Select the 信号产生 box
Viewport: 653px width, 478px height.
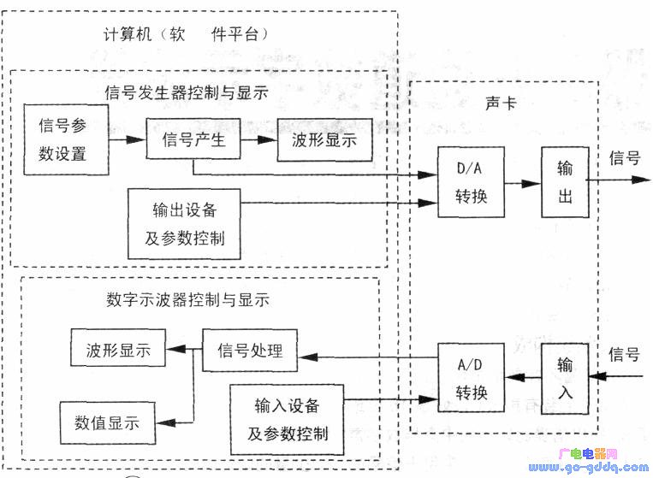pyautogui.click(x=193, y=139)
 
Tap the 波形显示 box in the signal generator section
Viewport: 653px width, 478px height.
pyautogui.click(x=325, y=140)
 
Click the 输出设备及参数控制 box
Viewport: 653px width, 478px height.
pyautogui.click(x=184, y=224)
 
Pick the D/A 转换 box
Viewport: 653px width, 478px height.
pyautogui.click(x=471, y=183)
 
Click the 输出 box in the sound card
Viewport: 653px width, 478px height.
pyautogui.click(x=562, y=183)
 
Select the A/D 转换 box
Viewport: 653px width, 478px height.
pyautogui.click(x=471, y=378)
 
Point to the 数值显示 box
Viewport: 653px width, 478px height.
pyautogui.click(x=107, y=422)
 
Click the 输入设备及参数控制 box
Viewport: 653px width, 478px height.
pyautogui.click(x=288, y=419)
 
